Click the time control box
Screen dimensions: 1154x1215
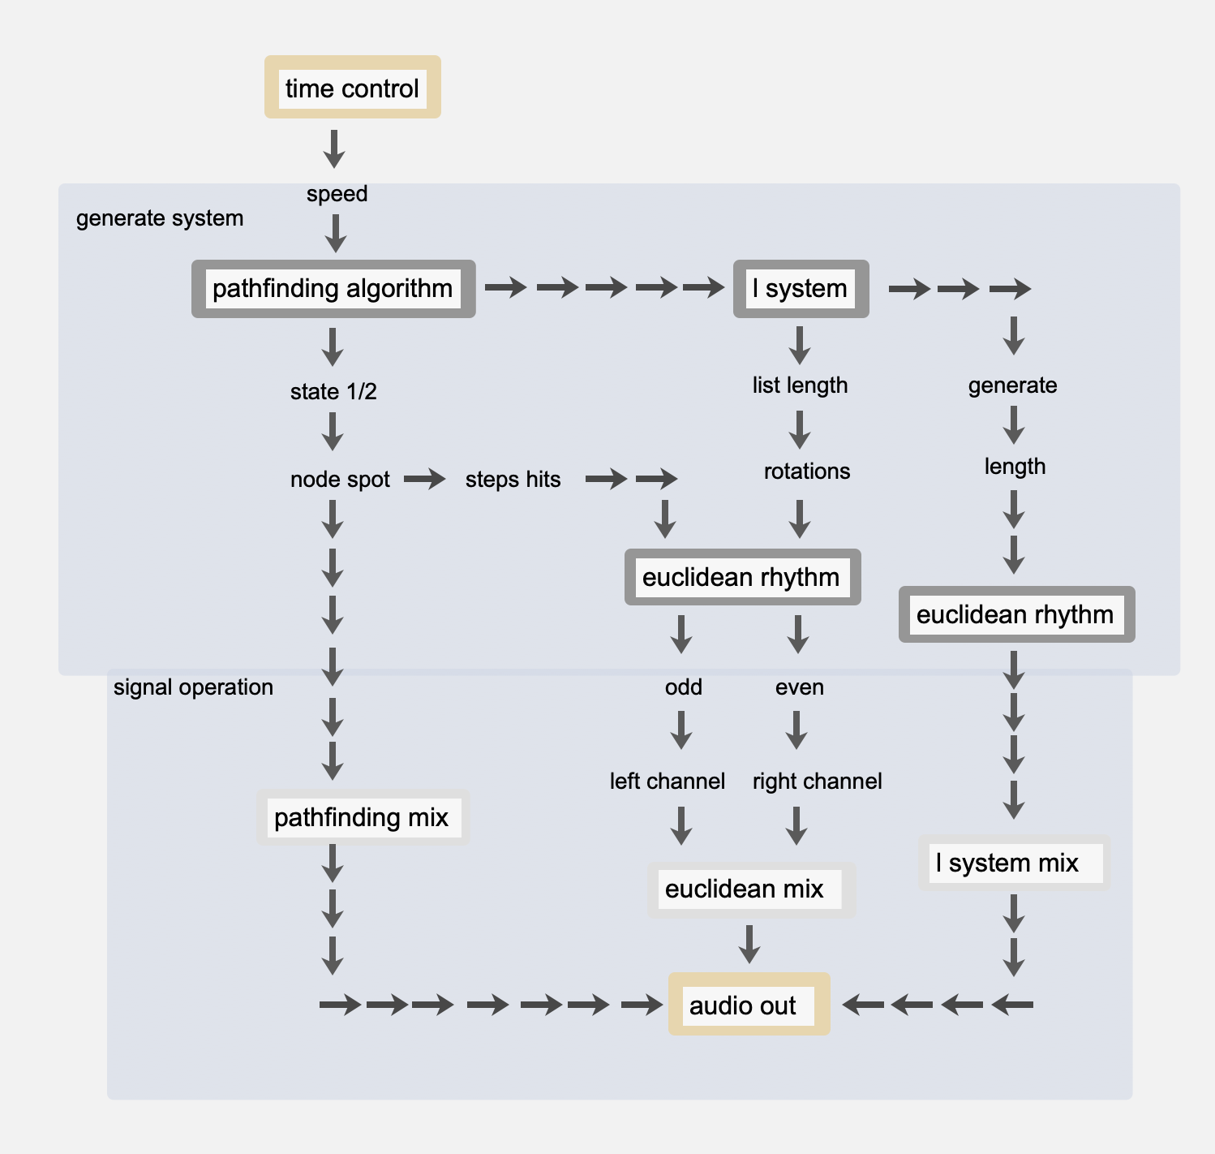tap(352, 88)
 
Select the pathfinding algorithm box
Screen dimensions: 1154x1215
tap(333, 289)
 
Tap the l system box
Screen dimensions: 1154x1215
tap(801, 289)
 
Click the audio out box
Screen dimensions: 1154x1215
tap(748, 1005)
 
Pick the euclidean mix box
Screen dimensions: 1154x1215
tap(750, 889)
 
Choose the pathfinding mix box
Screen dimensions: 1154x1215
tap(363, 817)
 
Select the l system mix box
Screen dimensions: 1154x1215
tap(1013, 863)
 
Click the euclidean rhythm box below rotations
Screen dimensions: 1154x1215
tap(741, 578)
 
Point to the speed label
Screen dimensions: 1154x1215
tap(337, 194)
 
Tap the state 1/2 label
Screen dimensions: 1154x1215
tap(333, 392)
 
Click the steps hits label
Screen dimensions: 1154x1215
tap(513, 480)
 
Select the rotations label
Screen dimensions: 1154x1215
tap(807, 472)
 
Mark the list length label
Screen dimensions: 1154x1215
tap(800, 385)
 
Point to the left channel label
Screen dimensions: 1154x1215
tap(667, 782)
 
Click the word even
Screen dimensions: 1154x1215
tap(799, 687)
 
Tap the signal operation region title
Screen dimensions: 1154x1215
tap(193, 687)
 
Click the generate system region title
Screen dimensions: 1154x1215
tap(160, 218)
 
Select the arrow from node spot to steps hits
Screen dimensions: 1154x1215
tap(425, 480)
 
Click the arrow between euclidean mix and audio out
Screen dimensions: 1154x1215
tap(749, 944)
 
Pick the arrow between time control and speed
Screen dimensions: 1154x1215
tap(334, 149)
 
